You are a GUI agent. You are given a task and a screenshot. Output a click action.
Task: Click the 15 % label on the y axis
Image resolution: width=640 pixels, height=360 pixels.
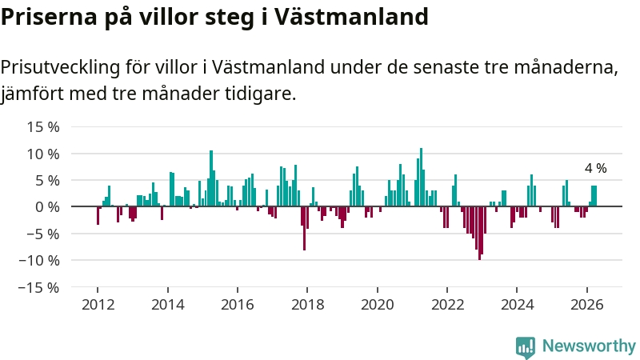pos(43,127)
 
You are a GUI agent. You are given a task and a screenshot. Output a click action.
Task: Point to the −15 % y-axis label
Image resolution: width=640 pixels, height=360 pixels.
pos(39,288)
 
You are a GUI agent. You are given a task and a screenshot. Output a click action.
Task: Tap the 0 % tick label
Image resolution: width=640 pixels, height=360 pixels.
pos(47,207)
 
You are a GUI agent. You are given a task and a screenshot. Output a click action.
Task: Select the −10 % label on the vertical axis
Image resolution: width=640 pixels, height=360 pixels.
pos(39,261)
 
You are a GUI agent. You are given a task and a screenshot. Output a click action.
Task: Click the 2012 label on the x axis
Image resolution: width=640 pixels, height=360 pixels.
pos(98,305)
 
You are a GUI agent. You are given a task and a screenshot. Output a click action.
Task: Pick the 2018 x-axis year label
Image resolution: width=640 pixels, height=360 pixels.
pos(307,305)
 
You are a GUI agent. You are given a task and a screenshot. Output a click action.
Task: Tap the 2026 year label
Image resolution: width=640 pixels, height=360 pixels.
pos(586,305)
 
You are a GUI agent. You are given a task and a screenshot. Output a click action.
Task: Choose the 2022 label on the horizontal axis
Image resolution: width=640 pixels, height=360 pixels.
pos(447,305)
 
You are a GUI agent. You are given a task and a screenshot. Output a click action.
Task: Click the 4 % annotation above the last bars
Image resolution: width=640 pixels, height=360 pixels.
pos(595,168)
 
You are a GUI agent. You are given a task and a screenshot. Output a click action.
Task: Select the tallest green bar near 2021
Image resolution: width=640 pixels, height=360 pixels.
pos(422,177)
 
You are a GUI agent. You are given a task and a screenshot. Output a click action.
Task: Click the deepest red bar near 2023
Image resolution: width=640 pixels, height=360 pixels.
pos(479,233)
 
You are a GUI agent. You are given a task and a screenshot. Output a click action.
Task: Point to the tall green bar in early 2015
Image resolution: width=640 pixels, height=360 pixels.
pos(211,178)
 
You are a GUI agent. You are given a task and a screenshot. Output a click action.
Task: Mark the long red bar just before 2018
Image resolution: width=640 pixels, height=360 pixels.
pos(305,228)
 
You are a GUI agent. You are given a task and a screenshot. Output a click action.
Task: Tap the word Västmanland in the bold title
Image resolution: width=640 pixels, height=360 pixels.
pos(350,17)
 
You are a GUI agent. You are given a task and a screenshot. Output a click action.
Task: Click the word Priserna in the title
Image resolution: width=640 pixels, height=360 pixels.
pos(49,18)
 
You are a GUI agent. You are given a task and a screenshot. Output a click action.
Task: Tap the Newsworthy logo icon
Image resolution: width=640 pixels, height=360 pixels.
pos(526,347)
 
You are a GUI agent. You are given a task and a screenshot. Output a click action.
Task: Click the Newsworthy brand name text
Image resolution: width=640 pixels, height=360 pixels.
pos(589,346)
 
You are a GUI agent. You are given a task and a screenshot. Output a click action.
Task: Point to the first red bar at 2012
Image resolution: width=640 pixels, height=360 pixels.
pos(98,215)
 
